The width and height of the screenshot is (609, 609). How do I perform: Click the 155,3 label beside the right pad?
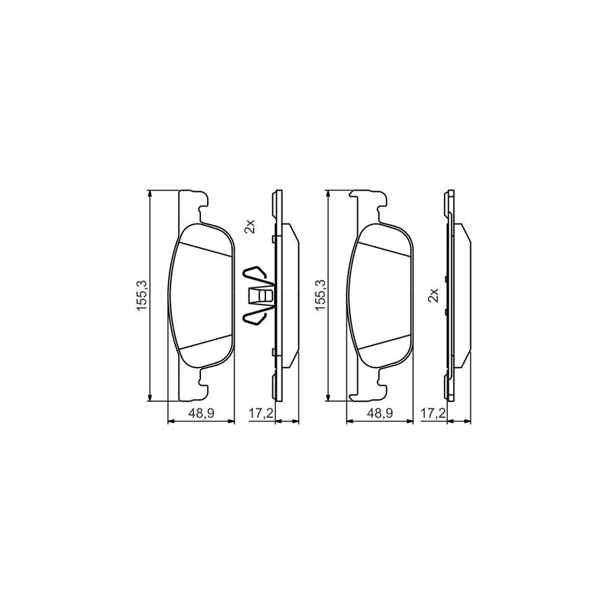coord(320,296)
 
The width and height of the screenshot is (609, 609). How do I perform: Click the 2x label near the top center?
coord(249,227)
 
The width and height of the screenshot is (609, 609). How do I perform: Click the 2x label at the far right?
coord(433,296)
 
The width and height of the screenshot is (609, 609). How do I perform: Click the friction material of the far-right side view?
coord(462,296)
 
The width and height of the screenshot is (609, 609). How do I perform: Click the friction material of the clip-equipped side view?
coord(289,296)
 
